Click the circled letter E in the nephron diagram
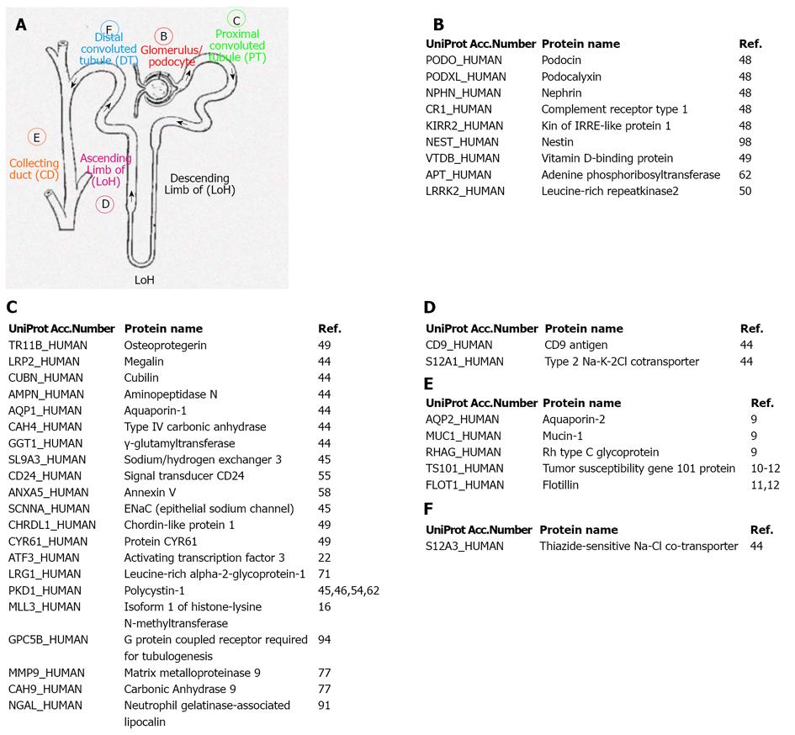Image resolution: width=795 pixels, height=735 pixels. (x=36, y=137)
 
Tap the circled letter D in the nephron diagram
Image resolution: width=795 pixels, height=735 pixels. (x=105, y=204)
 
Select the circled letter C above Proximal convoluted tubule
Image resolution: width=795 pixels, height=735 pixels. (x=236, y=20)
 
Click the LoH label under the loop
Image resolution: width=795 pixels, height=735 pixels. (x=145, y=280)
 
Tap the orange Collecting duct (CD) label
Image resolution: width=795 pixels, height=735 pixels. (x=34, y=169)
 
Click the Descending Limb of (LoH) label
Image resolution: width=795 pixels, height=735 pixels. (x=199, y=184)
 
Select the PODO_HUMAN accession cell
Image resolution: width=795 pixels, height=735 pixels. (x=464, y=61)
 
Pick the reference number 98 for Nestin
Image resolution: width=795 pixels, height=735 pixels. (x=745, y=142)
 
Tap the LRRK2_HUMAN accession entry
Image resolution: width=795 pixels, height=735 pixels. (x=465, y=191)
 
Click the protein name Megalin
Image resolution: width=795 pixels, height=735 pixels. (x=144, y=362)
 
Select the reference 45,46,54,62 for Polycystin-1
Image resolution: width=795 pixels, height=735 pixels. (x=348, y=590)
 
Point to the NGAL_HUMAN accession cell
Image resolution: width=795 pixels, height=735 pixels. (x=45, y=706)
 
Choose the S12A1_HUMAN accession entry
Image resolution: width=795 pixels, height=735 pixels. (x=464, y=362)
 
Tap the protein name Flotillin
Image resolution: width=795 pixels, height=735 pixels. (x=560, y=485)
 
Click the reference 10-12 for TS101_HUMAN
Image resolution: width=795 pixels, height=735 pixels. (x=765, y=468)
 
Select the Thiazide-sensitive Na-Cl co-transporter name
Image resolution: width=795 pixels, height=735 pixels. (x=639, y=546)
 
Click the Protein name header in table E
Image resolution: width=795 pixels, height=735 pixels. (x=581, y=403)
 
